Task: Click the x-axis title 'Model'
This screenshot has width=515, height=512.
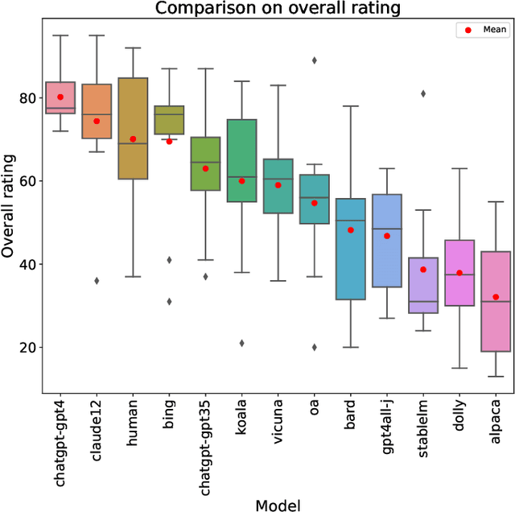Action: [278, 504]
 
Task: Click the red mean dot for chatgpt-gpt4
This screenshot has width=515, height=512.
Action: [60, 97]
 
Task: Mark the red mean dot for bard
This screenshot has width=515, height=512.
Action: [351, 230]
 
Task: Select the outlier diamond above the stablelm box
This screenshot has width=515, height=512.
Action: [423, 93]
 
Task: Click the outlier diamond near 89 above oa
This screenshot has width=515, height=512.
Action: [314, 60]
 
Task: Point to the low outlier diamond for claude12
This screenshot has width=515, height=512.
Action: [97, 281]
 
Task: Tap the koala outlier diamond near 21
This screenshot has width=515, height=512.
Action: [241, 343]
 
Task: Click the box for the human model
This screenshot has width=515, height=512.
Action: [133, 129]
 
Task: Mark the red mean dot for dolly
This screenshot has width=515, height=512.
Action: [459, 273]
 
